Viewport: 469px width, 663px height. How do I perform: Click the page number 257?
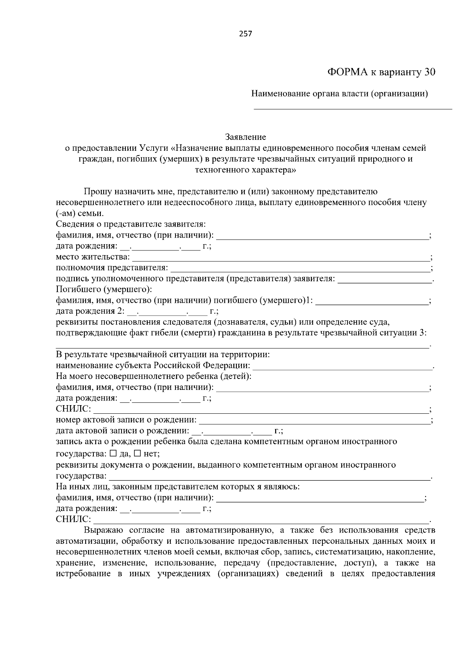245,34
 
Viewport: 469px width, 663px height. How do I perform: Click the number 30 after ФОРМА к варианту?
428,72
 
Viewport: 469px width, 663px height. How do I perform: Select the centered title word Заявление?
245,137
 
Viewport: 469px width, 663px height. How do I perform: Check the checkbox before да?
113,454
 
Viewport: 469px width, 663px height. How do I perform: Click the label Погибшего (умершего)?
104,290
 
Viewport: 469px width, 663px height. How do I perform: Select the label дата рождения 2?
90,311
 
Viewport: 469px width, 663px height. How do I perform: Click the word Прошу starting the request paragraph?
97,191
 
